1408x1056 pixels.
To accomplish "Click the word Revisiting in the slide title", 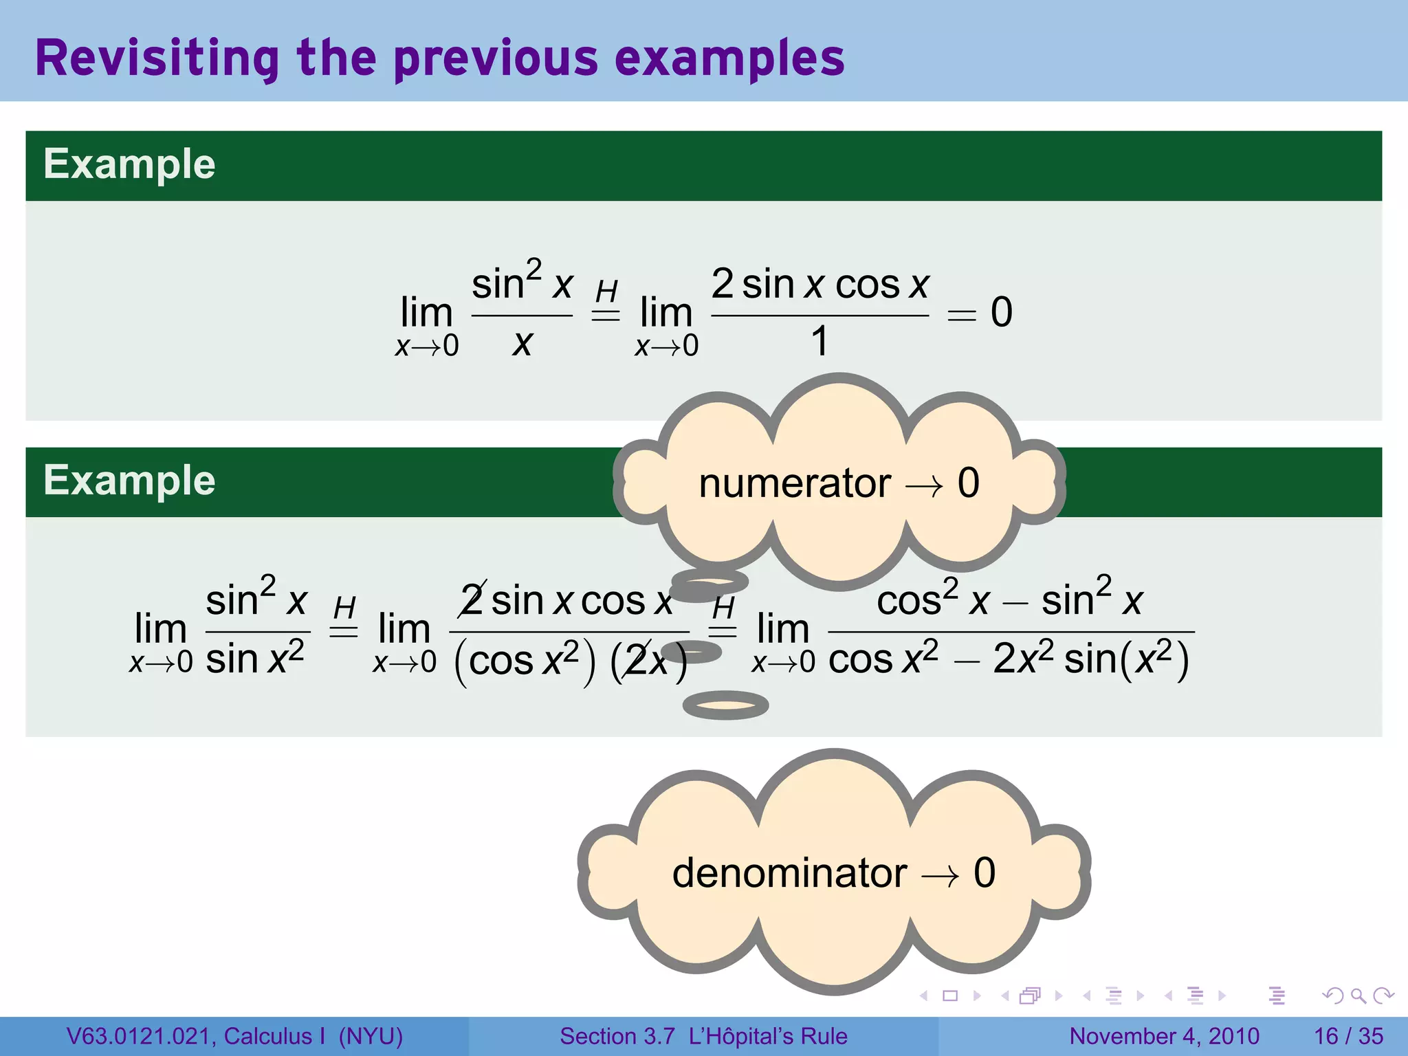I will pyautogui.click(x=157, y=59).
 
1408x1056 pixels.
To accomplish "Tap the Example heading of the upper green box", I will pyautogui.click(x=129, y=164).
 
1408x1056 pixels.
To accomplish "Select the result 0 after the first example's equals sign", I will pyautogui.click(x=1001, y=312).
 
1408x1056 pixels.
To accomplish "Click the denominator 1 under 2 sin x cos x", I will pyautogui.click(x=819, y=341).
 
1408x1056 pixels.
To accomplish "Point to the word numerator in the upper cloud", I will pyautogui.click(x=794, y=483).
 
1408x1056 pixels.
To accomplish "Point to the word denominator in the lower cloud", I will pyautogui.click(x=789, y=874).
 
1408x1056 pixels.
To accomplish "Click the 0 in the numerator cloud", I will pyautogui.click(x=968, y=483).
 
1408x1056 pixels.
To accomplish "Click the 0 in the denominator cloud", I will pyautogui.click(x=984, y=874).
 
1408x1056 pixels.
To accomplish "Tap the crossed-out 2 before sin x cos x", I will pyautogui.click(x=473, y=600).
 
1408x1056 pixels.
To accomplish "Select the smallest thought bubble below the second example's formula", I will pyautogui.click(x=725, y=705).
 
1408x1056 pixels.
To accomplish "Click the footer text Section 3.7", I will pyautogui.click(x=617, y=1036).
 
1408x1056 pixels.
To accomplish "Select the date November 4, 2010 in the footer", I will pyautogui.click(x=1164, y=1036).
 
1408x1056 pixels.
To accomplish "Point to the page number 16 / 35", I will pyautogui.click(x=1348, y=1036).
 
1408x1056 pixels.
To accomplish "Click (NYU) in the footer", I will pyautogui.click(x=371, y=1036).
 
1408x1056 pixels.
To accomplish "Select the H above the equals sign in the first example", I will pyautogui.click(x=606, y=291).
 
